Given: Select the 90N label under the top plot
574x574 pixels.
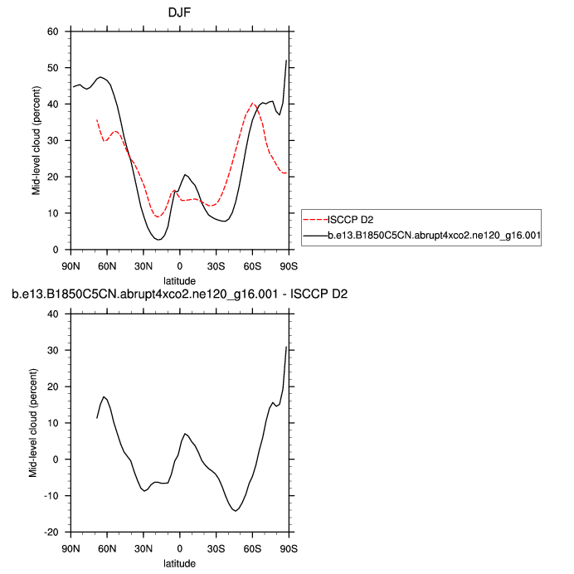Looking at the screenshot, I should pos(71,266).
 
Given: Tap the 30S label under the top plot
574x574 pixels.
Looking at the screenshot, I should pos(216,266).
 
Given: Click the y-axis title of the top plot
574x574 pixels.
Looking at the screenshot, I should pos(36,141).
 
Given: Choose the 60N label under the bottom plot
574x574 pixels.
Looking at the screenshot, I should pos(107,548).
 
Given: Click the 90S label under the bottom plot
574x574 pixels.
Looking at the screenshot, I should pos(287,548).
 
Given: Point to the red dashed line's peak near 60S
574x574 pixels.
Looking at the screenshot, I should pos(252,104).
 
